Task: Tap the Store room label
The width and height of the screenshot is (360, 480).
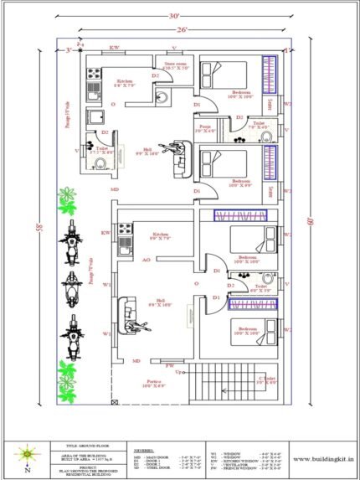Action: pos(175,65)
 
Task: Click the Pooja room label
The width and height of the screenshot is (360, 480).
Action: pos(204,129)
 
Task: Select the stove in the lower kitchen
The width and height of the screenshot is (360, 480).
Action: pos(124,228)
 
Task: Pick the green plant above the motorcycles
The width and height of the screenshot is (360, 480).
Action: pos(67,201)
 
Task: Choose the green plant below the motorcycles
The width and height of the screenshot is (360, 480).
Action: pos(67,369)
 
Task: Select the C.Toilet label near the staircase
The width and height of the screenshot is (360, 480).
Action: pos(267,379)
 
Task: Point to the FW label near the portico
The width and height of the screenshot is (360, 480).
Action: pos(169,365)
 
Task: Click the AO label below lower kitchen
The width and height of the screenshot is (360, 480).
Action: pos(146,261)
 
